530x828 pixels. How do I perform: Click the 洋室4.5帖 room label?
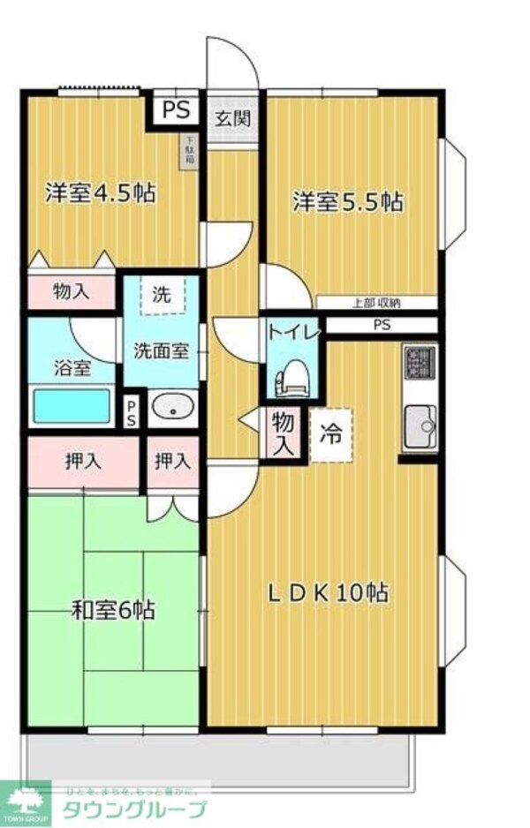100,193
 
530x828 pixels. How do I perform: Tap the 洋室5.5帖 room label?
348,202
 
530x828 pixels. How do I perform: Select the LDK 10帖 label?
328,592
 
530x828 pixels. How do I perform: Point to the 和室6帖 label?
114,609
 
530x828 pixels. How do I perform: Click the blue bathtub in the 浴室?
72,407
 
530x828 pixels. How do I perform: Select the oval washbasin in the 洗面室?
171,408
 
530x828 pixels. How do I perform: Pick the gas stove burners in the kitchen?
419,362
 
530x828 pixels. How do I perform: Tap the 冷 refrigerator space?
330,435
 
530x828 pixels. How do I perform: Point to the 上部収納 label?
376,303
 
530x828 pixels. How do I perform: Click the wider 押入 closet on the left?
82,460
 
